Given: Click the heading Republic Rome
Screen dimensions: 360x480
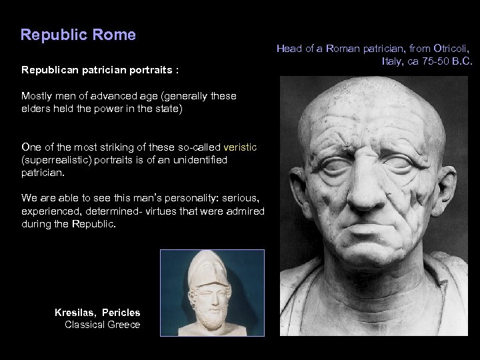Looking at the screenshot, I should pyautogui.click(x=78, y=34).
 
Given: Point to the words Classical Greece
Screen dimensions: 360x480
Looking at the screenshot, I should pyautogui.click(x=102, y=325).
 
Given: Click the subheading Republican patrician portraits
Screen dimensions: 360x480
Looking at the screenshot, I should pyautogui.click(x=103, y=69).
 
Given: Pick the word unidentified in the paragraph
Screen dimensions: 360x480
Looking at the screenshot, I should pyautogui.click(x=199, y=160).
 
